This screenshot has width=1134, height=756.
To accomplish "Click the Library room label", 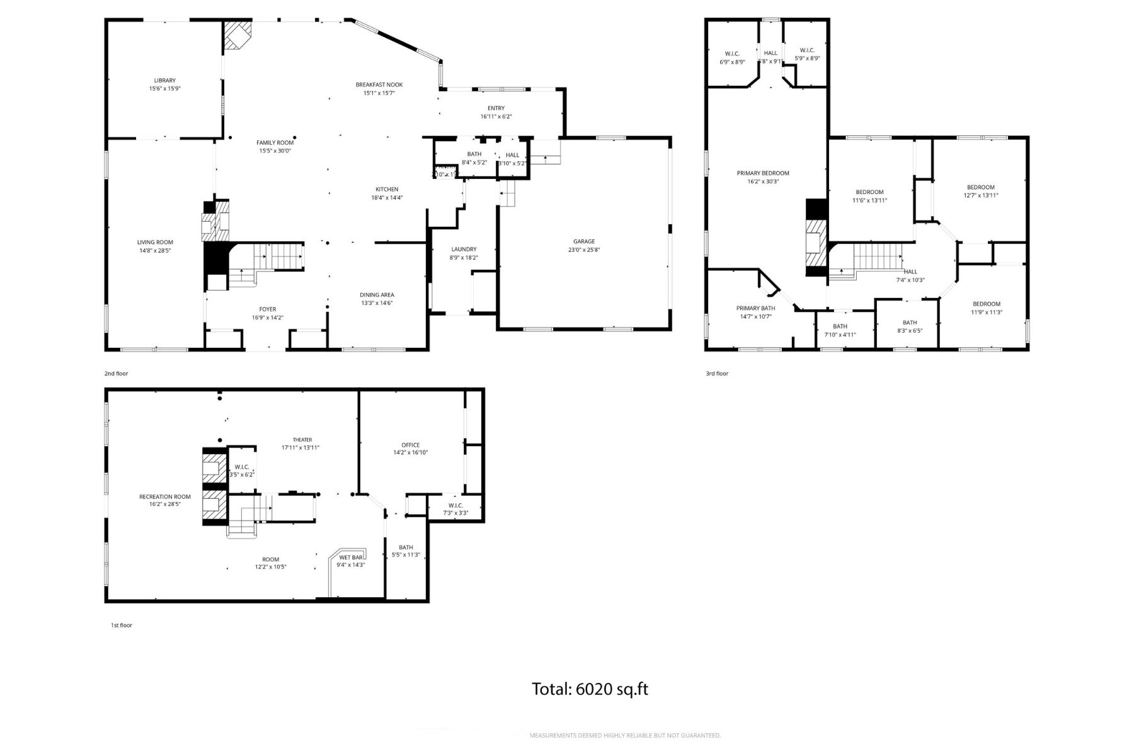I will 164,81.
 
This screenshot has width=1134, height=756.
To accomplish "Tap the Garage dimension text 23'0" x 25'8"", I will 584,250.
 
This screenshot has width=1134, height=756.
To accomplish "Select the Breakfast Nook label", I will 379,84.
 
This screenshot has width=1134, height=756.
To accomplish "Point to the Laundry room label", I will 464,249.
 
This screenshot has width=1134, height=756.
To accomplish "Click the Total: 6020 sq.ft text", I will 590,689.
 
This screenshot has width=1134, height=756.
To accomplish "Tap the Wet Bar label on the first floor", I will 351,558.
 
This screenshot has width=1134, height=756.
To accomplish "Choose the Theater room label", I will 302,440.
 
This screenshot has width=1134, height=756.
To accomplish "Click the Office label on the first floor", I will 410,445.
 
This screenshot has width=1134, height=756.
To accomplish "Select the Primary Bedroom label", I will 762,173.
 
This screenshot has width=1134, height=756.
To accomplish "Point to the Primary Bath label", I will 755,308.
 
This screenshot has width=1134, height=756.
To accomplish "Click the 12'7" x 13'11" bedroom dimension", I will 980,195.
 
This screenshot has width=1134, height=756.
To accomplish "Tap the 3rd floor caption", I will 716,374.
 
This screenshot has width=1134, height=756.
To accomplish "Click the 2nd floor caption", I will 116,374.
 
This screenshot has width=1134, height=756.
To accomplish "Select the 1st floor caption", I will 121,625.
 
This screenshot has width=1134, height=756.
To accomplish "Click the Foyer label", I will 267,309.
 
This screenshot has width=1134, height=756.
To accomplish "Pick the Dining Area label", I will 377,295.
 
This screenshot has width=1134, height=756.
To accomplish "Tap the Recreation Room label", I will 164,496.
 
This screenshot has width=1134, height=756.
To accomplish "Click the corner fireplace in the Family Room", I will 237,35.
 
